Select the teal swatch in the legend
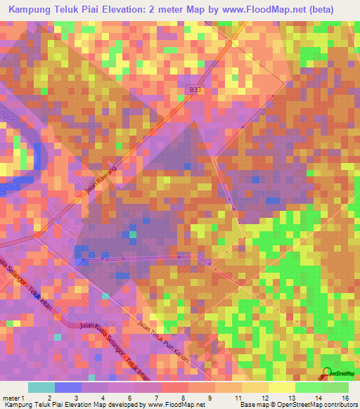41,387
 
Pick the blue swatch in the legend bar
67,387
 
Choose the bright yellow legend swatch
281,387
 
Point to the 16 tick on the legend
344,398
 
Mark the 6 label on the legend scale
130,398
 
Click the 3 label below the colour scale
75,398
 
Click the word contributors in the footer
340,405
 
